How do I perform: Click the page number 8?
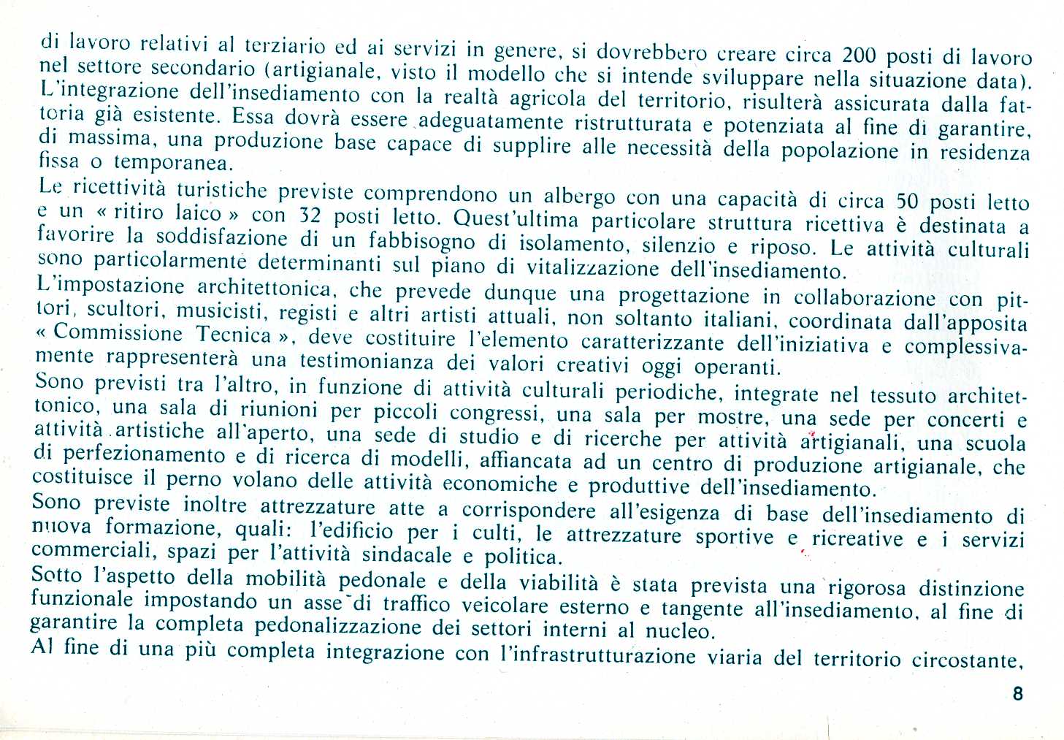pyautogui.click(x=1018, y=693)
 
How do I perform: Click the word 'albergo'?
pyautogui.click(x=579, y=197)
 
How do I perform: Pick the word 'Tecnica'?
pyautogui.click(x=234, y=335)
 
